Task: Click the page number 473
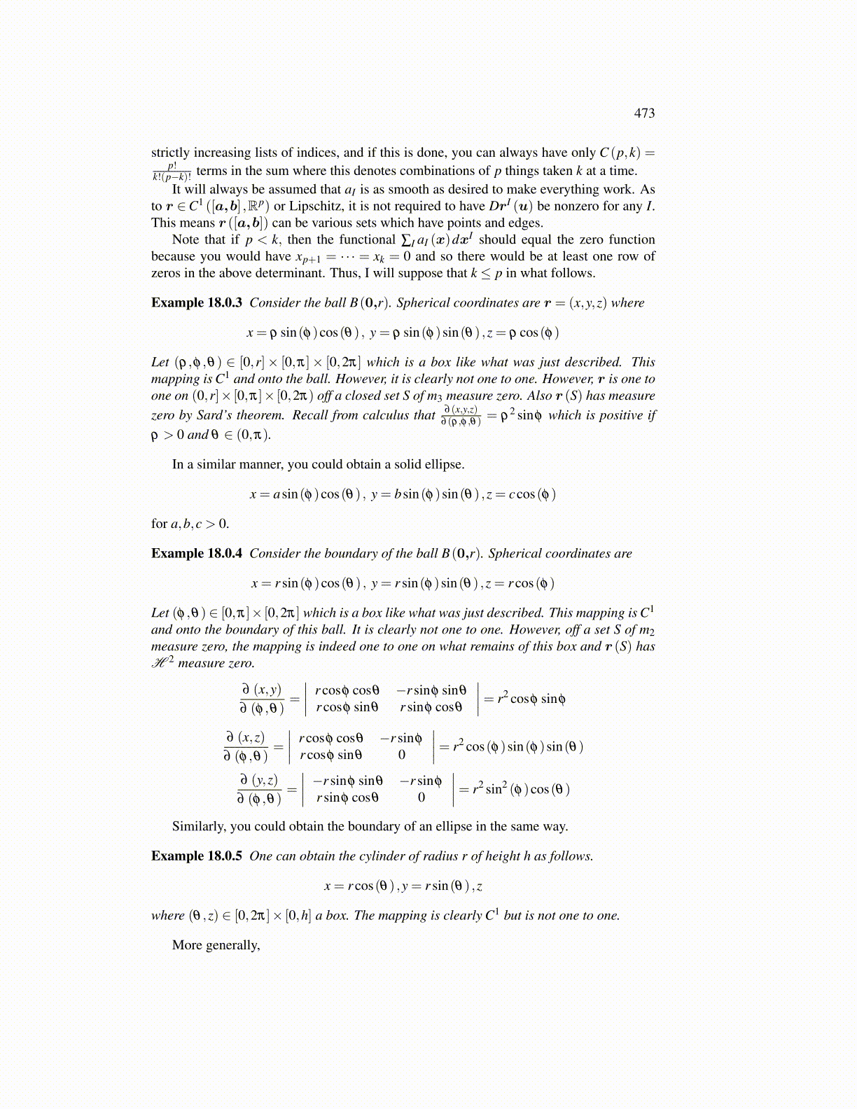644,113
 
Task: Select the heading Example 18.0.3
197,303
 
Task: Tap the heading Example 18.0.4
197,554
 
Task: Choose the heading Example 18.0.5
197,856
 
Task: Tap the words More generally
216,945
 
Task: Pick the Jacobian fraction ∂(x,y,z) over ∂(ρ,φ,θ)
461,415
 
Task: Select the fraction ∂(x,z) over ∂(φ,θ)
246,746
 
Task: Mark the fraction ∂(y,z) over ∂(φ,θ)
259,789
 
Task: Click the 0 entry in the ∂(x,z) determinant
402,755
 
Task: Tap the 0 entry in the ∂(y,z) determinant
421,797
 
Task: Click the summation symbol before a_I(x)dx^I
407,240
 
